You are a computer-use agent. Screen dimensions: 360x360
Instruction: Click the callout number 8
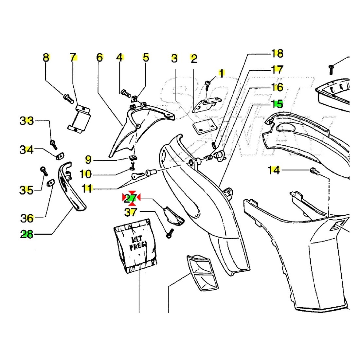(46, 58)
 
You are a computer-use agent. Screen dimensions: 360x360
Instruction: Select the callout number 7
(73, 58)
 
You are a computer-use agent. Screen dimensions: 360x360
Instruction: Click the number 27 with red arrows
(131, 198)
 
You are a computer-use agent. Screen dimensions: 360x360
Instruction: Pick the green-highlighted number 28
(27, 234)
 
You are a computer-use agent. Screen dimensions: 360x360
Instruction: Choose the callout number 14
(274, 170)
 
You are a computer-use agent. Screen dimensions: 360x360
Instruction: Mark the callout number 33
(27, 121)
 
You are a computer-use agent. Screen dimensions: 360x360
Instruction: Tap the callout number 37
(131, 213)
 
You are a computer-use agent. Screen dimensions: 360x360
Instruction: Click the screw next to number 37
(170, 233)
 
